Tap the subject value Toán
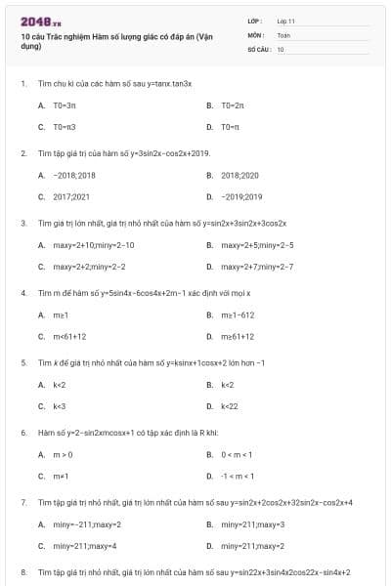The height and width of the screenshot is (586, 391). click(283, 34)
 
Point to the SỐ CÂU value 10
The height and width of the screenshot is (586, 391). click(281, 48)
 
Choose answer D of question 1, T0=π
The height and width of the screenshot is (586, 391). click(231, 127)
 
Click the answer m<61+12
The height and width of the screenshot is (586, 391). click(69, 336)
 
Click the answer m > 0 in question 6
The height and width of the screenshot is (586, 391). click(63, 454)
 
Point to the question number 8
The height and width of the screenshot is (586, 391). click(23, 571)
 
